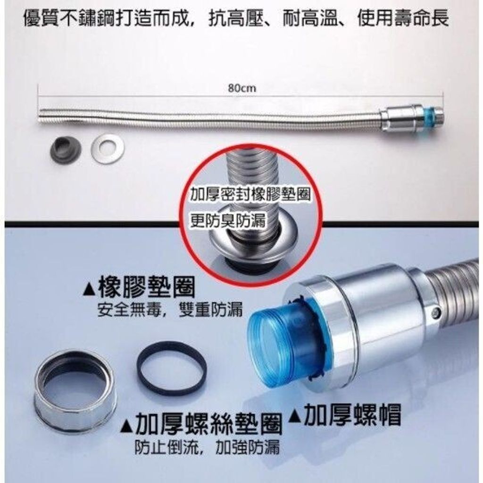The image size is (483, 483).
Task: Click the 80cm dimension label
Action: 242,88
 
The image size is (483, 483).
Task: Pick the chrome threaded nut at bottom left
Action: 74,390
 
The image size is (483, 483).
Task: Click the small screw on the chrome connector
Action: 435,313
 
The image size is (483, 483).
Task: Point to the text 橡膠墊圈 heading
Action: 147,287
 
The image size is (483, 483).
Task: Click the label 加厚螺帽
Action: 352,415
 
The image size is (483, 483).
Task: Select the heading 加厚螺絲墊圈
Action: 209,424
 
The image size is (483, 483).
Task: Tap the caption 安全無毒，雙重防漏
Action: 170,309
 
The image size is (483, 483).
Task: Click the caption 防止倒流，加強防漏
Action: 207,447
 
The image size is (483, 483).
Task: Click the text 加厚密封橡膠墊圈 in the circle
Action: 250,195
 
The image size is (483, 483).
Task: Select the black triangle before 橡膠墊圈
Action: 90,290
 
